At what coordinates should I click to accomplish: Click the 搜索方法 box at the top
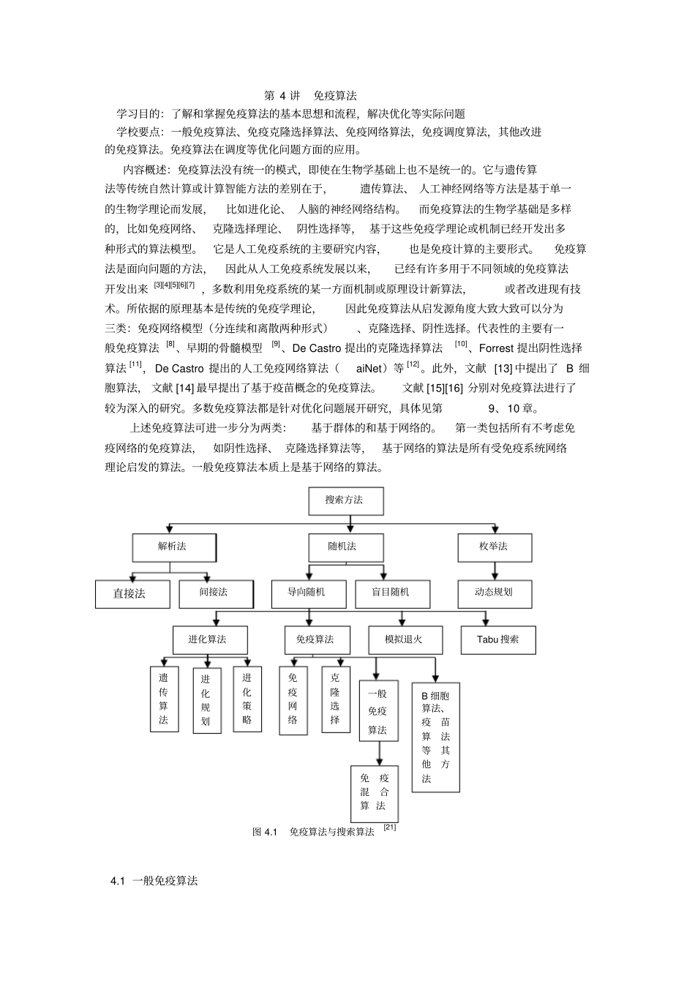tap(345, 500)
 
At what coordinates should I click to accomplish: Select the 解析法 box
tap(173, 547)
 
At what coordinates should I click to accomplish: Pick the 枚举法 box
tap(495, 547)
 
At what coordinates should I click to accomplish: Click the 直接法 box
tap(132, 594)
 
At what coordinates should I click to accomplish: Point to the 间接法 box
tap(215, 593)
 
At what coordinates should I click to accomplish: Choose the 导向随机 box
tap(307, 593)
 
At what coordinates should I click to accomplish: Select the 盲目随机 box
tap(392, 593)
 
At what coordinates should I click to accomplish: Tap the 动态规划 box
tap(495, 593)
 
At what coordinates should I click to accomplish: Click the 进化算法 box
tap(209, 639)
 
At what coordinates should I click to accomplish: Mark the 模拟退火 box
tap(405, 639)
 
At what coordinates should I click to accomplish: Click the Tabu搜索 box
tap(498, 639)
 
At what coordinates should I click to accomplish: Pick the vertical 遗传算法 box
tap(164, 699)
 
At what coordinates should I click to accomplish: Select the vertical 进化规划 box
tap(206, 700)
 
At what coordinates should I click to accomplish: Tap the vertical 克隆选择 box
tap(335, 699)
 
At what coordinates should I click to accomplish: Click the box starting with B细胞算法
tap(436, 736)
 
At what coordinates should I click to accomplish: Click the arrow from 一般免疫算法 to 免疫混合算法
tap(380, 753)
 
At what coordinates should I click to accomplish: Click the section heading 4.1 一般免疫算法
tap(154, 881)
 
